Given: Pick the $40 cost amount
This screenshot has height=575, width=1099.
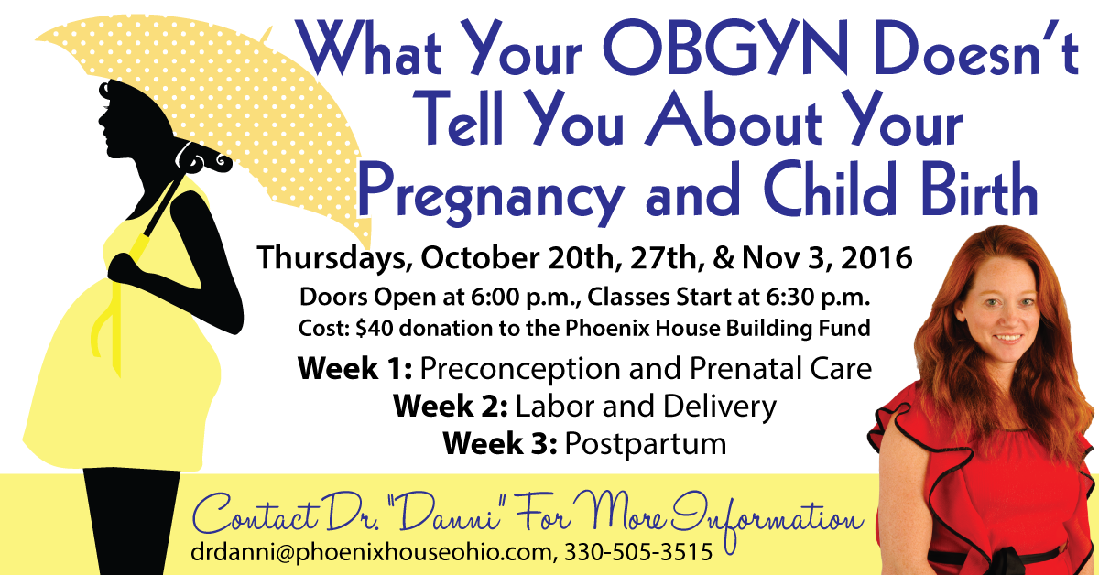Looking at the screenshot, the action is click(375, 328).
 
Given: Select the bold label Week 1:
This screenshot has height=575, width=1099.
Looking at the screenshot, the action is click(354, 368).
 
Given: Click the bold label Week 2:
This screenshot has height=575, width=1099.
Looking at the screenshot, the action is click(451, 406).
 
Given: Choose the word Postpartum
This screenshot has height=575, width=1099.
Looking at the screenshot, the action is click(646, 444).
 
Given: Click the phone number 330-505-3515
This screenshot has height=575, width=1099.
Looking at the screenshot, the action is click(638, 551).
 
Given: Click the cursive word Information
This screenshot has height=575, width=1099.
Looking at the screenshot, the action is click(767, 521).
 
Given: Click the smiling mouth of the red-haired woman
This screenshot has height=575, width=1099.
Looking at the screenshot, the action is click(1007, 339).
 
